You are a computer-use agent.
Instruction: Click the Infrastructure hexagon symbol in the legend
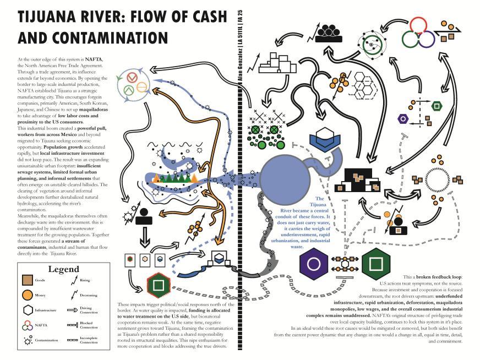(26, 310)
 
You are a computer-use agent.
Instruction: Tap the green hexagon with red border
(158, 285)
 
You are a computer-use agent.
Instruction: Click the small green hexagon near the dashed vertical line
(437, 104)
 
